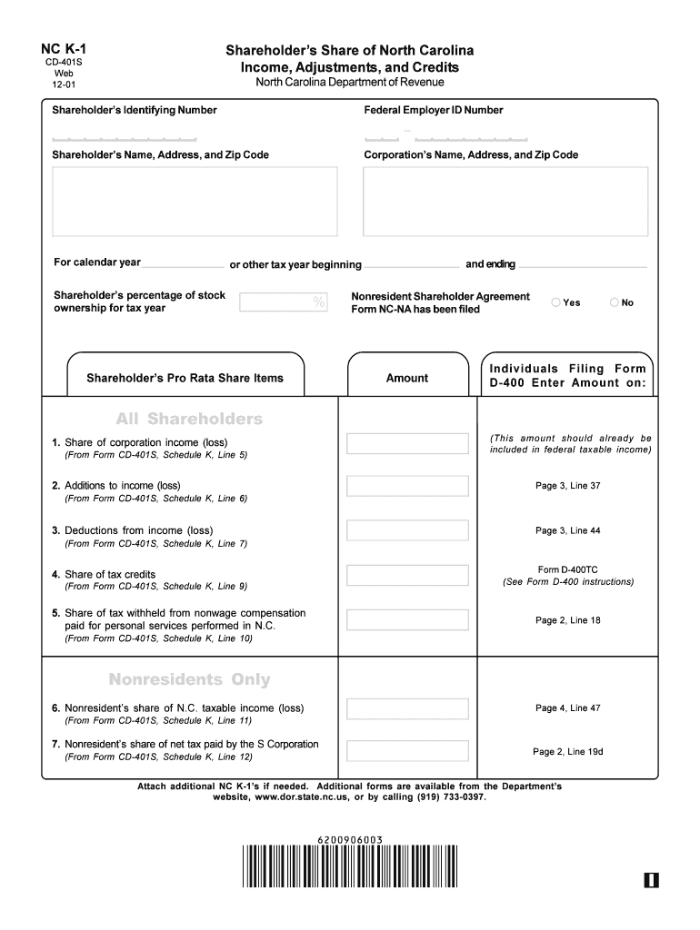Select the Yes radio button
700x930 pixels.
pos(556,302)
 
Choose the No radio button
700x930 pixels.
pos(614,302)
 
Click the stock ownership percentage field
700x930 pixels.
pos(283,302)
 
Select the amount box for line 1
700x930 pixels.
pos(406,444)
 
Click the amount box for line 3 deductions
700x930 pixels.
pos(406,530)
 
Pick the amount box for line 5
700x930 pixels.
pos(406,619)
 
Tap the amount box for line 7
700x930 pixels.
pos(406,751)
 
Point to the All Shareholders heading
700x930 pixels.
pos(189,420)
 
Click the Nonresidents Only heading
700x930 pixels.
pos(189,680)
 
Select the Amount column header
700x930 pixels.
pos(406,378)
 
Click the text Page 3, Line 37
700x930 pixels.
pos(567,486)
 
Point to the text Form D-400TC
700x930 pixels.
pos(568,569)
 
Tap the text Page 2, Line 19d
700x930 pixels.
pos(568,752)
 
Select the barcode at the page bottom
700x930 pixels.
pos(350,866)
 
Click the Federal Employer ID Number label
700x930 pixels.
pos(434,110)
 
